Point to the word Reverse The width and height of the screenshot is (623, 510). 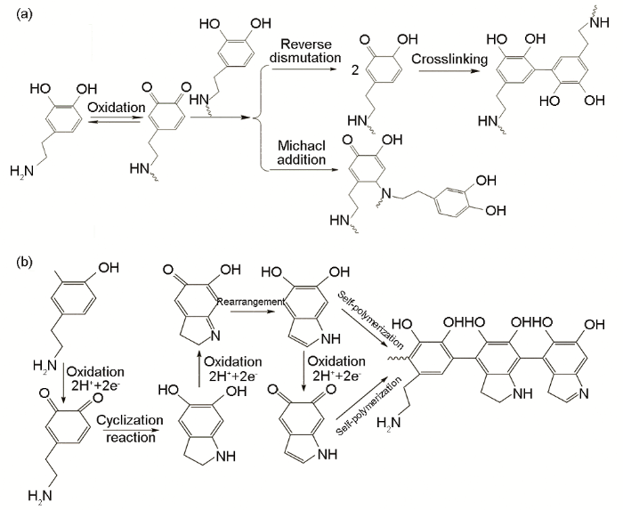(x=306, y=44)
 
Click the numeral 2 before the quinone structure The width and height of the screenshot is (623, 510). (x=354, y=65)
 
